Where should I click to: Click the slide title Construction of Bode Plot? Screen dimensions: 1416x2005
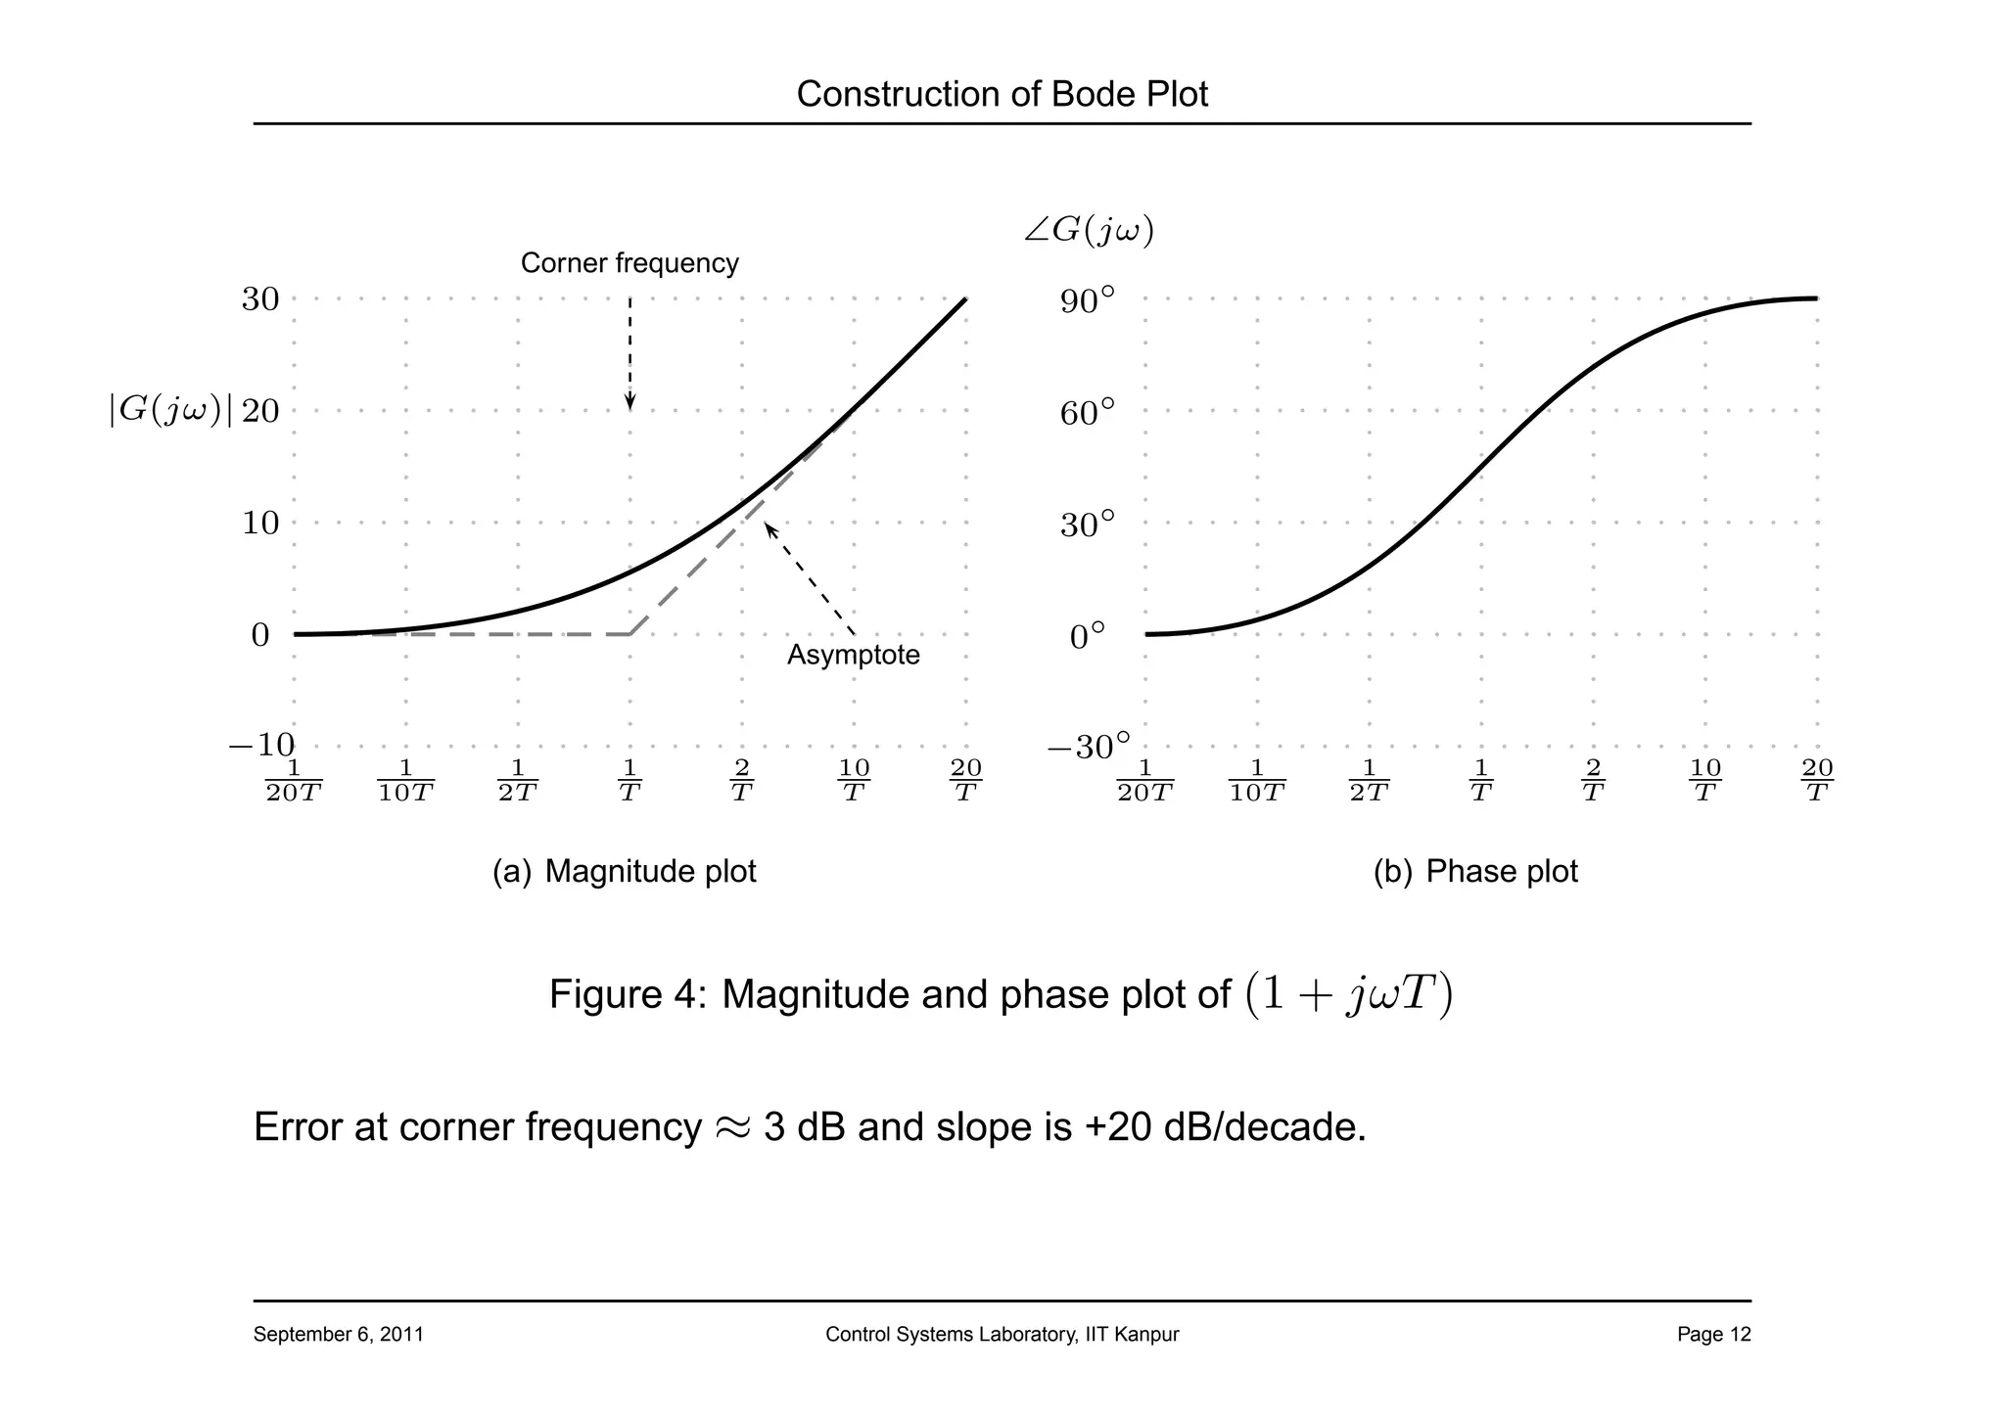(1002, 95)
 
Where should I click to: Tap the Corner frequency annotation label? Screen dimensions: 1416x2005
(629, 263)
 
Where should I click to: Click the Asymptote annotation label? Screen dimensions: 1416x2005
(854, 655)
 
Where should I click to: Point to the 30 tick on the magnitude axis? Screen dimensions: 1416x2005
(260, 299)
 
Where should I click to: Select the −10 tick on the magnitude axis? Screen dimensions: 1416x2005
(261, 746)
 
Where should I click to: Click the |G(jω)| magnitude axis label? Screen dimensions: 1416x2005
(170, 411)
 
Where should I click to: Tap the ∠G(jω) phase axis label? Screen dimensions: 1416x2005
(1089, 231)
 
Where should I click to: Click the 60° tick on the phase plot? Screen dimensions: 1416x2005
(1087, 413)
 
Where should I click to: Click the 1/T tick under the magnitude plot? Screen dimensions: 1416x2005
(629, 780)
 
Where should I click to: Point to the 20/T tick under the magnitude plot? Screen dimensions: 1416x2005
(965, 780)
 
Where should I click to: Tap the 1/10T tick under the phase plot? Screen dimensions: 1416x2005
(1257, 780)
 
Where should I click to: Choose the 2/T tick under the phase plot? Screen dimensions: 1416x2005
(1593, 780)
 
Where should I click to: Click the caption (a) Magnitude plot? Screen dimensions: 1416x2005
(625, 871)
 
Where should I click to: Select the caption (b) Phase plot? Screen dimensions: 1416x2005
(1475, 871)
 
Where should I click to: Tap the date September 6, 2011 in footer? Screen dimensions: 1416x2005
(339, 1335)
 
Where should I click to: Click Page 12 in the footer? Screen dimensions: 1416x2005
(1713, 1335)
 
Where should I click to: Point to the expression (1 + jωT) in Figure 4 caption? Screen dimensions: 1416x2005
(1349, 994)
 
